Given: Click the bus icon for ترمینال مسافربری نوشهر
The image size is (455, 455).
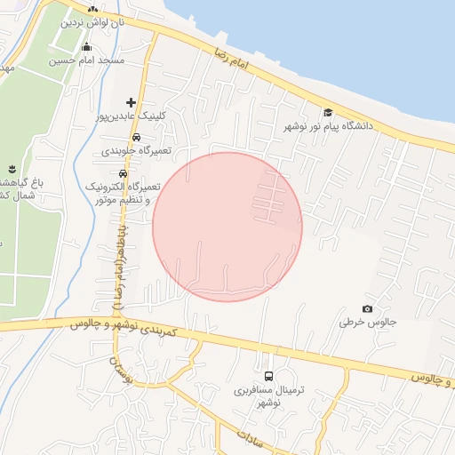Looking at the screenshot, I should pyautogui.click(x=269, y=377).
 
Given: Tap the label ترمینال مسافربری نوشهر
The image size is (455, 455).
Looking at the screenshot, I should pyautogui.click(x=257, y=396).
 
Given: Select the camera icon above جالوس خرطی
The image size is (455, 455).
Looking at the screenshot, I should pyautogui.click(x=368, y=308).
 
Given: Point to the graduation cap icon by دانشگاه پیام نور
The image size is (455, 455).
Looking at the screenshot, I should pyautogui.click(x=328, y=113).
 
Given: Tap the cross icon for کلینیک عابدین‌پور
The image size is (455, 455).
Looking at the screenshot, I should pyautogui.click(x=132, y=102).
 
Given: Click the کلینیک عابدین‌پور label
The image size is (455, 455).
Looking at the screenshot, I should pyautogui.click(x=132, y=116).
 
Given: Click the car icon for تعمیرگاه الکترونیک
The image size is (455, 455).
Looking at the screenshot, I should pyautogui.click(x=123, y=173).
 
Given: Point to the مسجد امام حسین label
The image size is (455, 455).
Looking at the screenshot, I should pyautogui.click(x=86, y=61).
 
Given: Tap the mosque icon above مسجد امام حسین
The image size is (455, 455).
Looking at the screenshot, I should pyautogui.click(x=86, y=48).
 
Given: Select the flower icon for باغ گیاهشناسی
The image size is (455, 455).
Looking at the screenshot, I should pyautogui.click(x=12, y=169).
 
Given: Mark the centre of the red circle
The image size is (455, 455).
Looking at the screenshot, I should pyautogui.click(x=227, y=227).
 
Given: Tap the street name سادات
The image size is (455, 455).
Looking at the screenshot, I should pyautogui.click(x=252, y=437).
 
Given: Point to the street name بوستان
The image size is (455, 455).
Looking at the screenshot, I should pyautogui.click(x=121, y=371).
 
